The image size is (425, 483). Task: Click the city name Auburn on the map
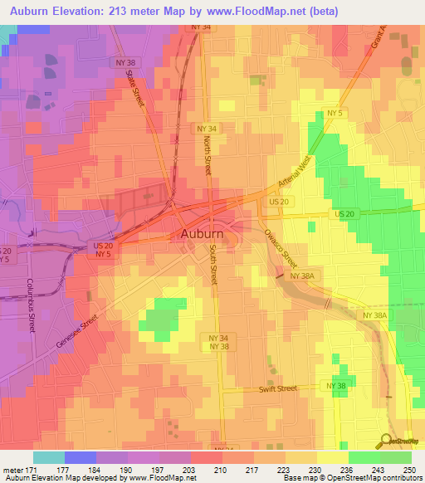201,235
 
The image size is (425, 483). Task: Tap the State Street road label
134,88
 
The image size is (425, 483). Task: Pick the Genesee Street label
77,329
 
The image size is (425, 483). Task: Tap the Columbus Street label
32,302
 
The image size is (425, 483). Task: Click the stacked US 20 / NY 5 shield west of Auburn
100,249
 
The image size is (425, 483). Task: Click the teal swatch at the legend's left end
49,457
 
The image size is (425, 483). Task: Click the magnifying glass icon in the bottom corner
388,441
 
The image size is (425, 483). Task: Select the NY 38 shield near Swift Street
336,387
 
